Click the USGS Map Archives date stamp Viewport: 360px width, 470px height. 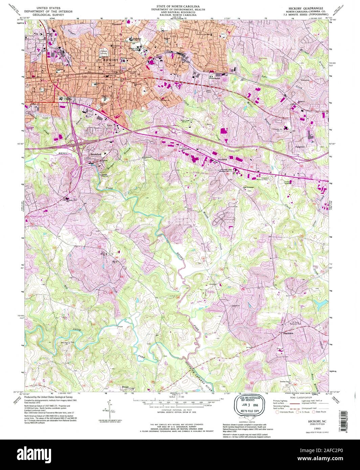click(x=248, y=405)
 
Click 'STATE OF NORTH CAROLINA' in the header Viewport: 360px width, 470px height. click(x=178, y=6)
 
